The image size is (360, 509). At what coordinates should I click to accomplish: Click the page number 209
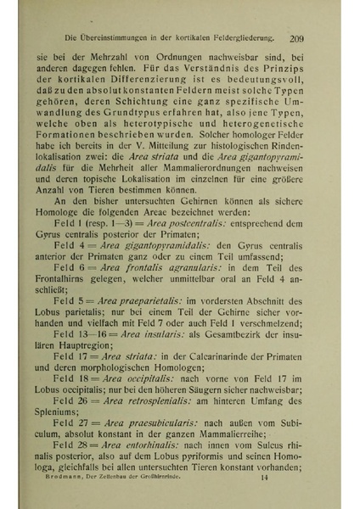coord(296,37)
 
